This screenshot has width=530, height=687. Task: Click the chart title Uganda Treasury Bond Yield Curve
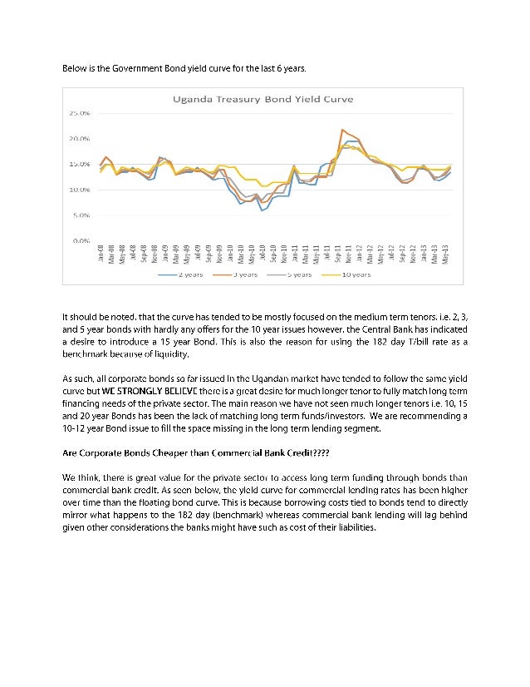click(x=263, y=98)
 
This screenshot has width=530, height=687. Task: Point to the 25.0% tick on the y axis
click(x=80, y=112)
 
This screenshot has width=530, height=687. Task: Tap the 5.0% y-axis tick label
click(x=81, y=215)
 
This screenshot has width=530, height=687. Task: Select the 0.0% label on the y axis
click(x=81, y=240)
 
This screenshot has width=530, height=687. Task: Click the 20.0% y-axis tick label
click(x=80, y=138)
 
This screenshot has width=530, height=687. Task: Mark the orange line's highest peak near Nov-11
click(x=341, y=130)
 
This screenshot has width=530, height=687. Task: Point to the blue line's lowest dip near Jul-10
click(x=262, y=210)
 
